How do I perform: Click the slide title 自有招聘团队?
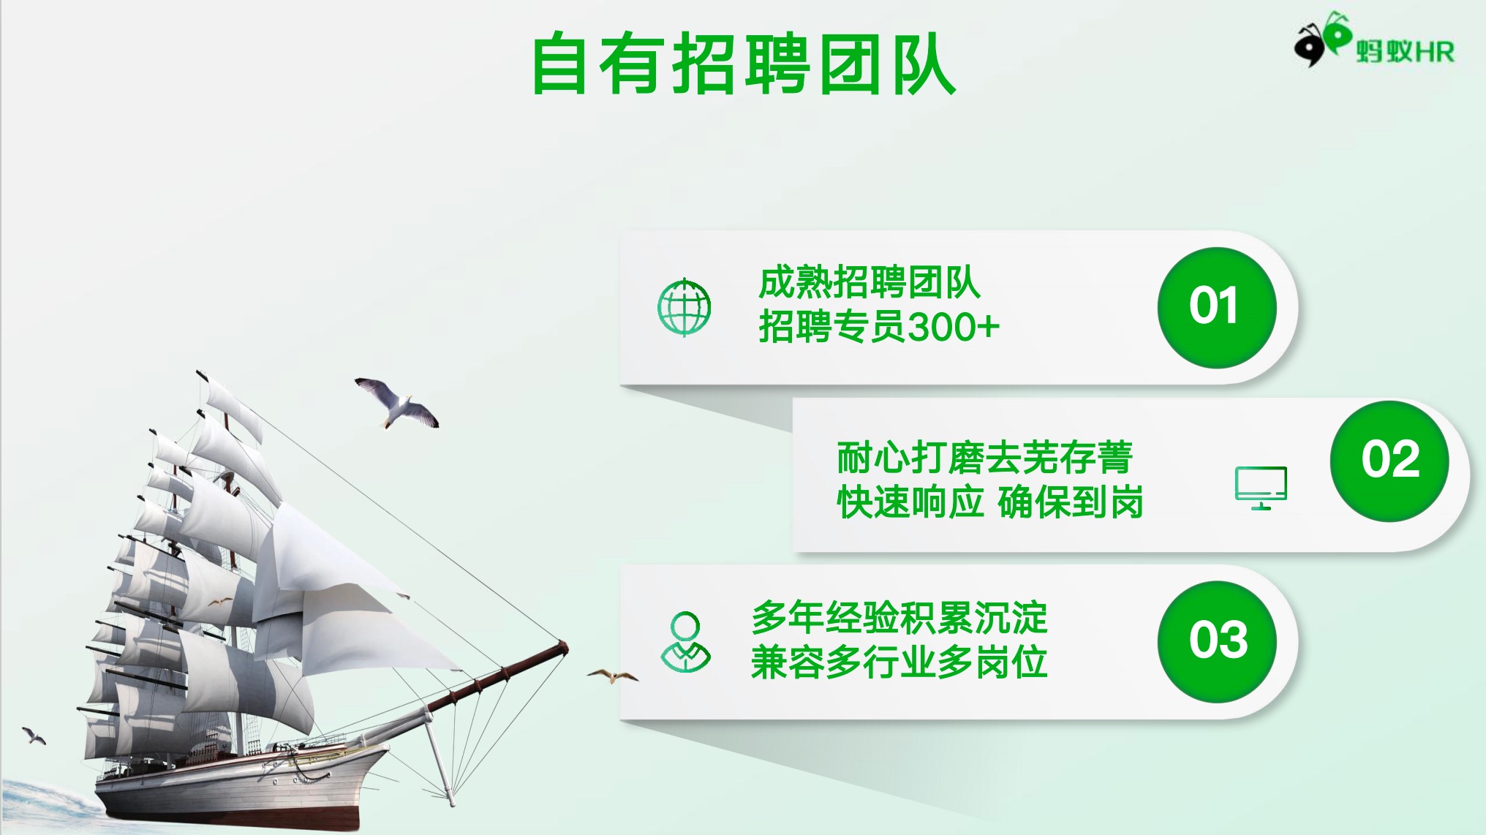744,64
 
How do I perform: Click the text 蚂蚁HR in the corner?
1405,51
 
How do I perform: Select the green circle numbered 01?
1216,307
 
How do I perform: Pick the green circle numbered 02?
1389,461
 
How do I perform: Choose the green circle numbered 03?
1217,641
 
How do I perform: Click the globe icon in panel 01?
684,307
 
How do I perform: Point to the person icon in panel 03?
685,643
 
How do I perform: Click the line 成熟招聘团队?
870,282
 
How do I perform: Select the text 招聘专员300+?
879,326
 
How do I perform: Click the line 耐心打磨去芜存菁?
985,458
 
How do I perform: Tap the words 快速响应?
910,502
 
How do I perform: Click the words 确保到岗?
1071,502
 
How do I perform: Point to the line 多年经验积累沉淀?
899,618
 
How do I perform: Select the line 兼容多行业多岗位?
899,662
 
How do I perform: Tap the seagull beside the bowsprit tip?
613,676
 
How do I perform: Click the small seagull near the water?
34,735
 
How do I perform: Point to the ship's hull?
241,786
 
